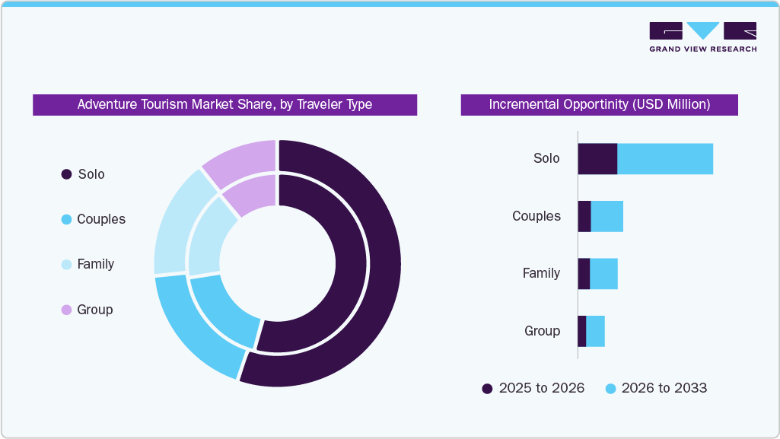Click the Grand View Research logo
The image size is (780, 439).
tap(702, 37)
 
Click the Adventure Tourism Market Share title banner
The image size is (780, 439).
tap(224, 104)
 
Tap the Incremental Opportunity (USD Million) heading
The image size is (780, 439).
tap(599, 104)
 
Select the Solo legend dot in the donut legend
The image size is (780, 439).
tap(66, 174)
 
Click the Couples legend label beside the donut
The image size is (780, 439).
tap(100, 219)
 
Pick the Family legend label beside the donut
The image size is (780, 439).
tap(95, 264)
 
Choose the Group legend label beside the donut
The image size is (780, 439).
tap(94, 310)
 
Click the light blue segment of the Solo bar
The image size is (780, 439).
tap(664, 158)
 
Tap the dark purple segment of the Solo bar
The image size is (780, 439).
tap(597, 158)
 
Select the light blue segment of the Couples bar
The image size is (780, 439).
tap(606, 216)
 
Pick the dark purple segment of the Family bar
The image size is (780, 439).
tap(584, 273)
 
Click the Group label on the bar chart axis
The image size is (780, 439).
tap(542, 331)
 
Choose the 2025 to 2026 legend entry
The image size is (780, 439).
tap(533, 388)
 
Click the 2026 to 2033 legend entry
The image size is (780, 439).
tap(655, 388)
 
